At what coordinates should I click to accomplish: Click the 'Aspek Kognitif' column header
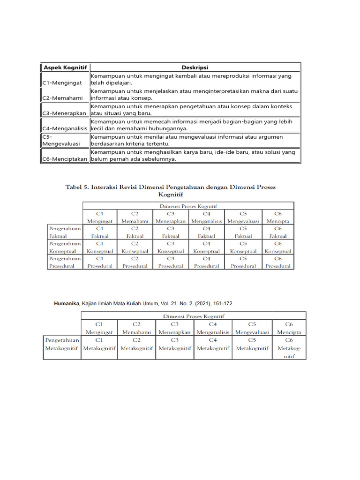(65, 67)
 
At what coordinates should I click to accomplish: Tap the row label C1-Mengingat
(62, 83)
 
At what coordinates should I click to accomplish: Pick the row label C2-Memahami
(62, 98)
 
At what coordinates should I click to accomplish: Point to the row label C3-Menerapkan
(64, 113)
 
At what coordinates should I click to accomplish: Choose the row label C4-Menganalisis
(65, 128)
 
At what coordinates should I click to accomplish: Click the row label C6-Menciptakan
(65, 159)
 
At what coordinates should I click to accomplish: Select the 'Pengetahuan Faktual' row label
(65, 232)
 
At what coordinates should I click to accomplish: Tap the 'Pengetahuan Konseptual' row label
(65, 247)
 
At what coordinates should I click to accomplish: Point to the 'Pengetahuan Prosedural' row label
(65, 262)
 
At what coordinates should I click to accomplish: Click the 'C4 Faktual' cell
(206, 232)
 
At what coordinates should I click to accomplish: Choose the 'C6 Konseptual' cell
(278, 247)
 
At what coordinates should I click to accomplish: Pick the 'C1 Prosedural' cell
(100, 262)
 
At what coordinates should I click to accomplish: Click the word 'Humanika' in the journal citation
(67, 304)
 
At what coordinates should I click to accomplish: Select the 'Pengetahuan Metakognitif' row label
(62, 344)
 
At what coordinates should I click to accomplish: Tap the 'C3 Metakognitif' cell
(175, 344)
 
